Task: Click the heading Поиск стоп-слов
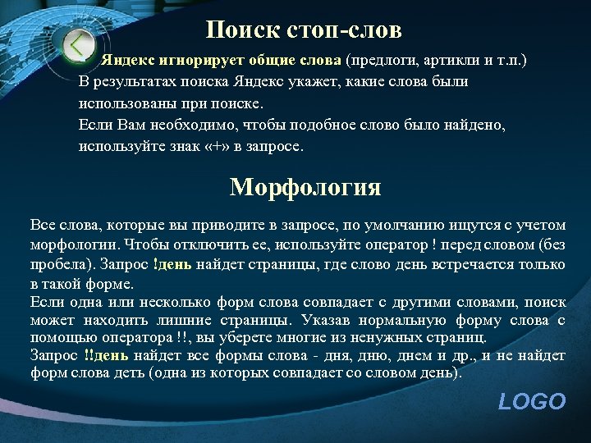304,31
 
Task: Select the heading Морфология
305,187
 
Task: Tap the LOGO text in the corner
532,401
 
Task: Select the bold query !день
172,264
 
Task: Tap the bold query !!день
106,355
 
